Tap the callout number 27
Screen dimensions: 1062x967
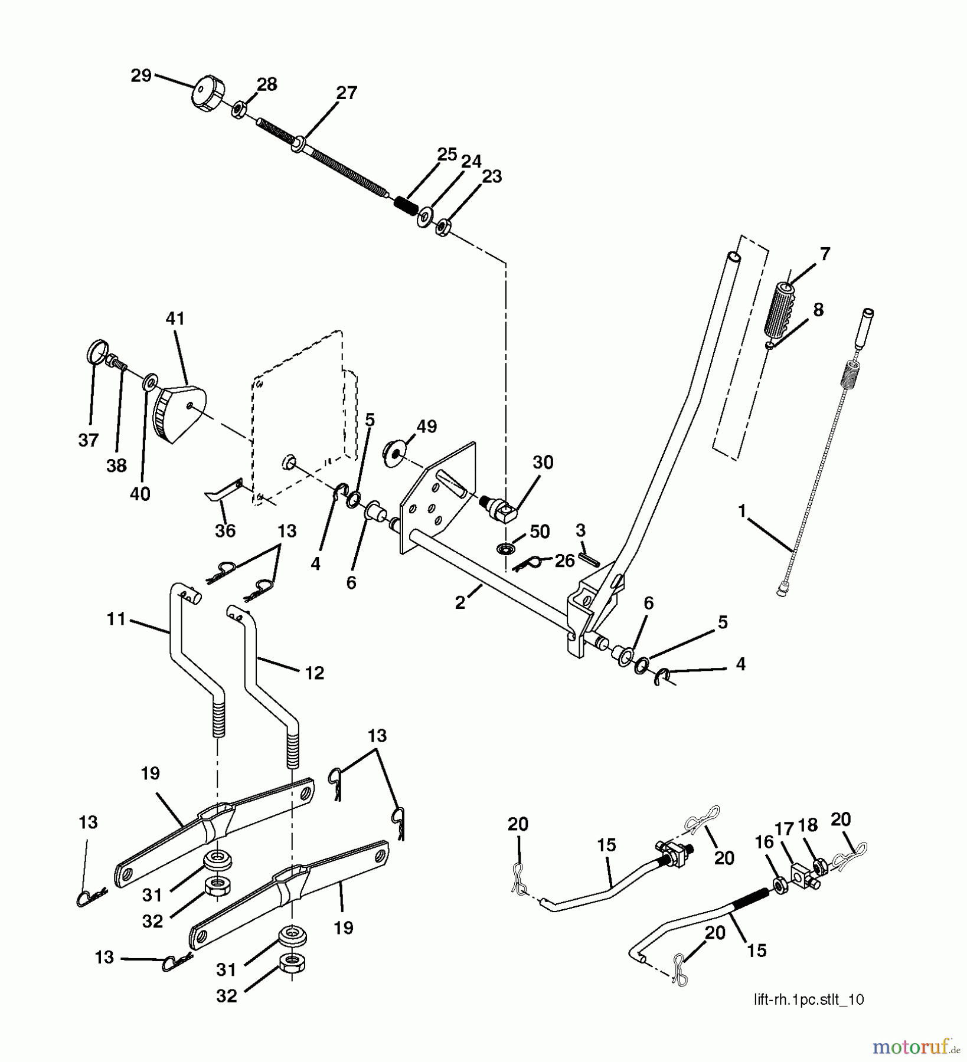347,93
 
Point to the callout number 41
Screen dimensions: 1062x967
175,319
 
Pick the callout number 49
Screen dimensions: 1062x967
426,426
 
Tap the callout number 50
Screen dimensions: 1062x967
539,532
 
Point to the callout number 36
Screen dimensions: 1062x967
225,530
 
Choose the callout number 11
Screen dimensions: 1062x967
116,619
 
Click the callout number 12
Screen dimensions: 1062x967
314,673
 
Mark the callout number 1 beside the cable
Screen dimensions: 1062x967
742,511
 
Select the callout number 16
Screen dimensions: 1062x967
764,842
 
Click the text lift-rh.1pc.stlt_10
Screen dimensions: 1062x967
808,999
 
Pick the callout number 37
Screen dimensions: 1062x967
88,440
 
